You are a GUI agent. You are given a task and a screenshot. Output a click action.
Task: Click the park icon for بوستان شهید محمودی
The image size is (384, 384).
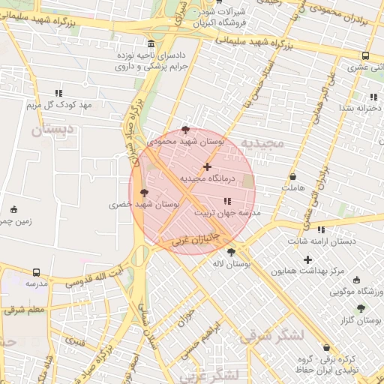186,130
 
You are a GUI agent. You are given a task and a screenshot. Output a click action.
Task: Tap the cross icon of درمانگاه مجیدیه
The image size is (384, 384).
208,166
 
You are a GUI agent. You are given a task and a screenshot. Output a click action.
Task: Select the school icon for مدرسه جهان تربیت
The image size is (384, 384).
227,201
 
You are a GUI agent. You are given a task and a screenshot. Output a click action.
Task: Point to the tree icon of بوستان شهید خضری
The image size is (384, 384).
145,193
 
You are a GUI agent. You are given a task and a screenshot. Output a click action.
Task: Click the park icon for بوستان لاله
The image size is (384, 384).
231,253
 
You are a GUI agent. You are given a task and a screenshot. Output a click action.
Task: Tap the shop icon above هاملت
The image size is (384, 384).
292,176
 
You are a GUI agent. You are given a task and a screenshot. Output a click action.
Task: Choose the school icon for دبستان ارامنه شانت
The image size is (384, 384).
322,229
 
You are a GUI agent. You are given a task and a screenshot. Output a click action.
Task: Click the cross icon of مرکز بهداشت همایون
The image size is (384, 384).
307,259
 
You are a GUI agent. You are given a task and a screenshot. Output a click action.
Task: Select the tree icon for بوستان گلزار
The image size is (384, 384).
361,308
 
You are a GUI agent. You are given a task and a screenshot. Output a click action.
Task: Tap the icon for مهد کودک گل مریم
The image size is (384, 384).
58,94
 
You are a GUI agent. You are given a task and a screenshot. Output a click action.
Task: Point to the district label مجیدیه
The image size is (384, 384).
276,142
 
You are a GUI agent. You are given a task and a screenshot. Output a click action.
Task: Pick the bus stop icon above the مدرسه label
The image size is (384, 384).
37,272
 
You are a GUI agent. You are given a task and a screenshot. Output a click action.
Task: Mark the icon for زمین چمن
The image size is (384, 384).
13,209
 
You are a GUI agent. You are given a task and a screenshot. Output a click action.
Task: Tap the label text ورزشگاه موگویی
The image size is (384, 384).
358,290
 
